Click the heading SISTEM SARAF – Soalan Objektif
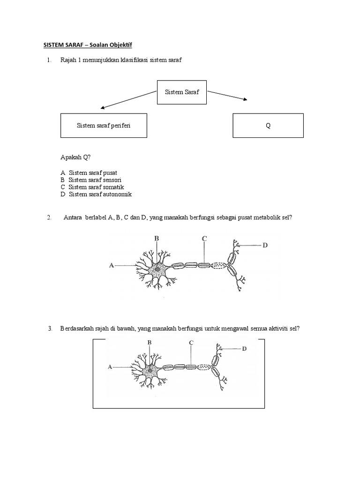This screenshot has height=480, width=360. click(x=88, y=45)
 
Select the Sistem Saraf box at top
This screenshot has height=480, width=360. click(x=182, y=92)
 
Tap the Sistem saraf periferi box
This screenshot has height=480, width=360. click(x=104, y=126)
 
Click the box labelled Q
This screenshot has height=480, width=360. click(x=268, y=126)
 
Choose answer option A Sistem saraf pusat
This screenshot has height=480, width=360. click(x=89, y=173)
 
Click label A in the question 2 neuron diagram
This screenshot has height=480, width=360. click(x=112, y=266)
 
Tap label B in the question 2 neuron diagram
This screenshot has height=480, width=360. click(x=157, y=239)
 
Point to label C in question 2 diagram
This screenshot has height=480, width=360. click(x=204, y=239)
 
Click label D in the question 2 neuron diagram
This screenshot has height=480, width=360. click(x=265, y=245)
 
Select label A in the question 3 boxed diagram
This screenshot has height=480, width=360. click(x=110, y=367)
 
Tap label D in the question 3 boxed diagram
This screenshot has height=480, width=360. click(x=244, y=349)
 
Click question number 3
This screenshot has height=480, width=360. click(x=50, y=329)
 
